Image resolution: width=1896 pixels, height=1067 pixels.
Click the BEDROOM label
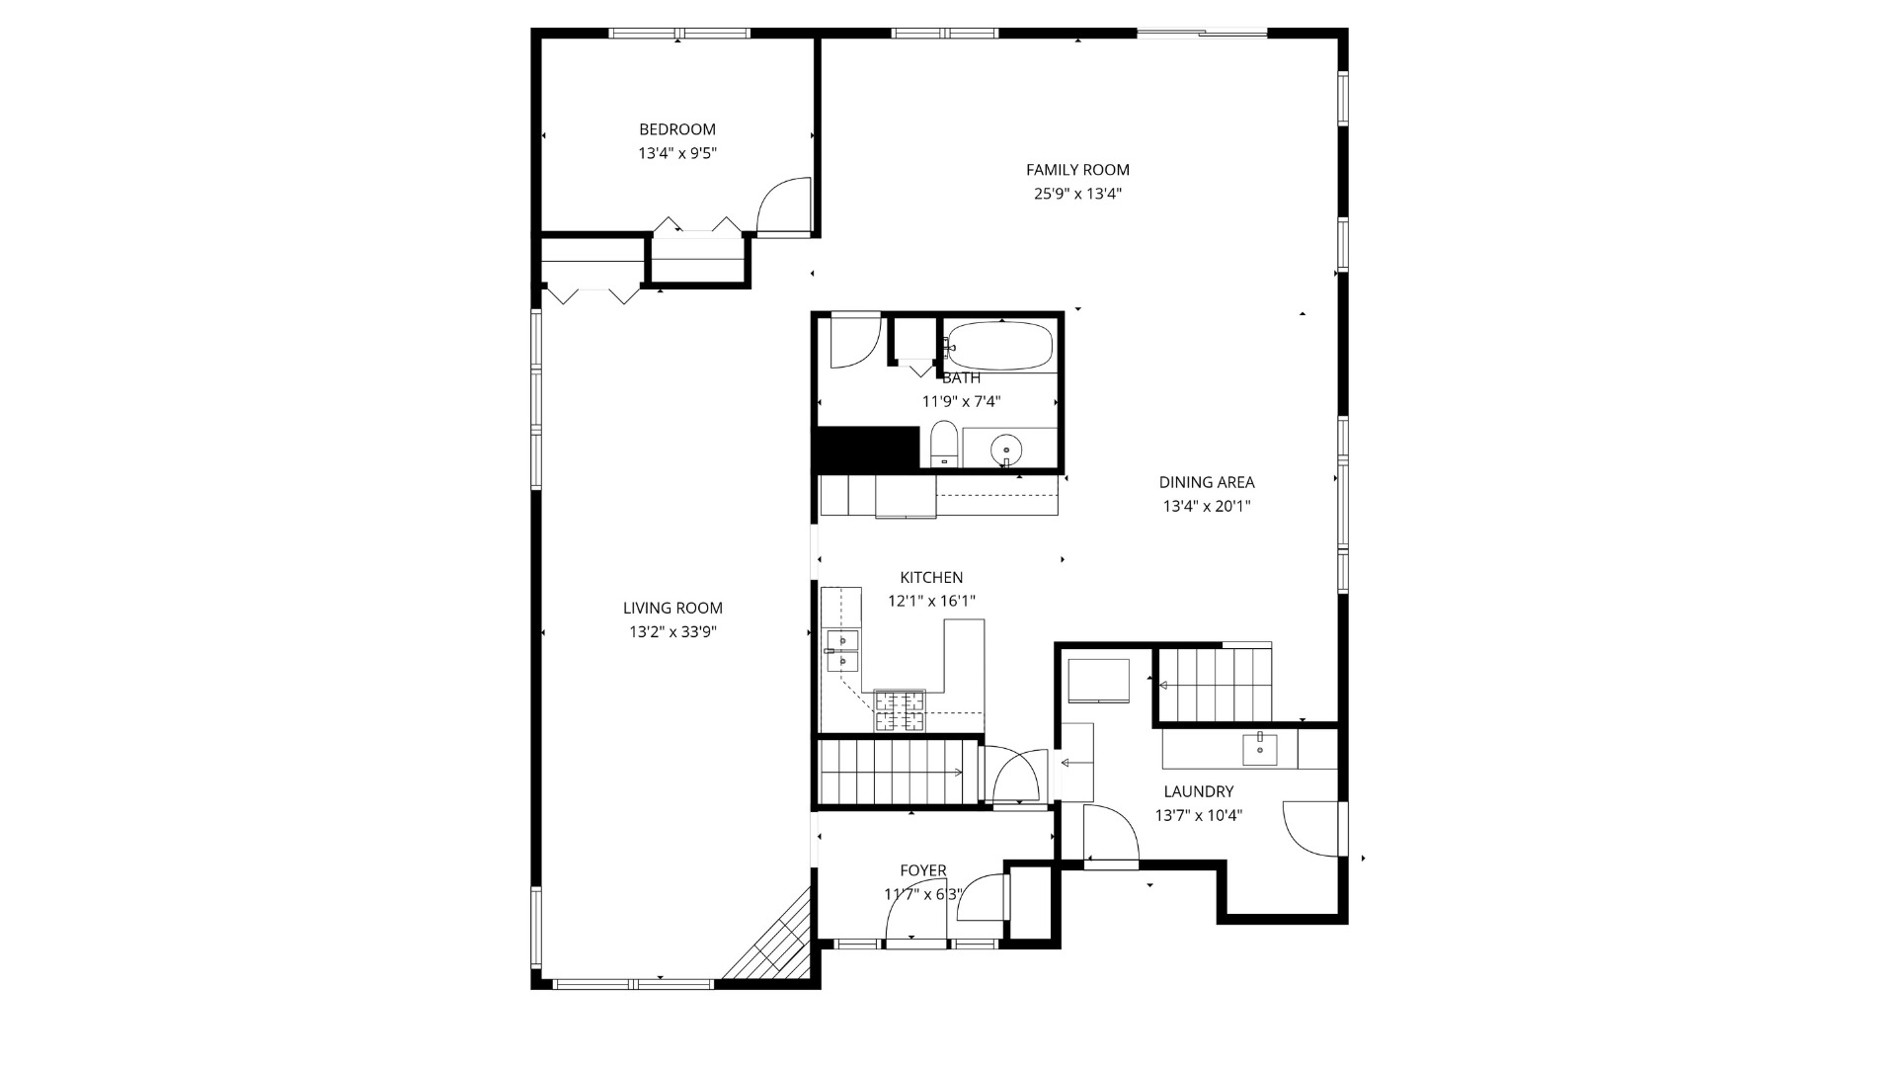pos(676,129)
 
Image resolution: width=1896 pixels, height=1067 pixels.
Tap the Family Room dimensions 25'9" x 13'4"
pos(1077,194)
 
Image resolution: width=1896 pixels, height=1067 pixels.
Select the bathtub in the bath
pos(1002,346)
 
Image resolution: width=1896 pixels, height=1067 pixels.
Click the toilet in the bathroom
pos(944,444)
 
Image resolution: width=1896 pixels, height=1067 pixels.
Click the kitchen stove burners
pos(900,711)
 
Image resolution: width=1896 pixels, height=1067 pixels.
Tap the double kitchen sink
pos(842,650)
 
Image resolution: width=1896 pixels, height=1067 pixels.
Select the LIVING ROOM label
pos(672,609)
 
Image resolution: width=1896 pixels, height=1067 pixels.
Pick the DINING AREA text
pos(1206,482)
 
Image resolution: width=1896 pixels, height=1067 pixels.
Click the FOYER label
pos(922,870)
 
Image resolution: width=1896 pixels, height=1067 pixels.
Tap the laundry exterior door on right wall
pos(1313,828)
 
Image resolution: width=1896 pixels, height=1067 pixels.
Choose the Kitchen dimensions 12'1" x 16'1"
pos(931,601)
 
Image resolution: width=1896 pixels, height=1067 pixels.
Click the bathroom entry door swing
pos(854,342)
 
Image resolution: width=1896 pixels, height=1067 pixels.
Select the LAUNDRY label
pos(1198,791)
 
